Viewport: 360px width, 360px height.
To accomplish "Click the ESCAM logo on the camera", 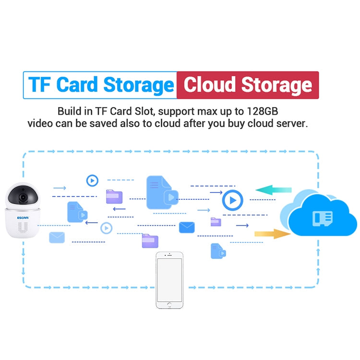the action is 23,217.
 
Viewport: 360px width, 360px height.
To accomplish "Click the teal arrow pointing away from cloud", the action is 274,190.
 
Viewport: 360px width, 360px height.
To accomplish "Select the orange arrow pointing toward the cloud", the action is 273,234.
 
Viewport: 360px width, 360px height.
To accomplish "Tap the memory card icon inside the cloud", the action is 323,218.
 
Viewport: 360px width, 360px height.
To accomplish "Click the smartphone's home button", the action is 169,305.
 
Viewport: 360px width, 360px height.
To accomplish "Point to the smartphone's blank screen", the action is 169,280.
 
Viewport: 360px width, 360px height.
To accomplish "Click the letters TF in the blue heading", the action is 39,84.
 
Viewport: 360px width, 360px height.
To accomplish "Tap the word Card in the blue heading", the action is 77,84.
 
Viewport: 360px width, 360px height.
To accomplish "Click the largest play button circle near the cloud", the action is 233,200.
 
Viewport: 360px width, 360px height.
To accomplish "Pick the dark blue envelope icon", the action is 187,228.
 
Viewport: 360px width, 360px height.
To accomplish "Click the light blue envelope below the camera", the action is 57,238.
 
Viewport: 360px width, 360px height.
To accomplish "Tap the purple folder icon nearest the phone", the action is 150,241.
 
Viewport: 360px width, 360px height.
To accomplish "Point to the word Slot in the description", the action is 143,111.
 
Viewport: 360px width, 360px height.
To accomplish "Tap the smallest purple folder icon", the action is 216,222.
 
